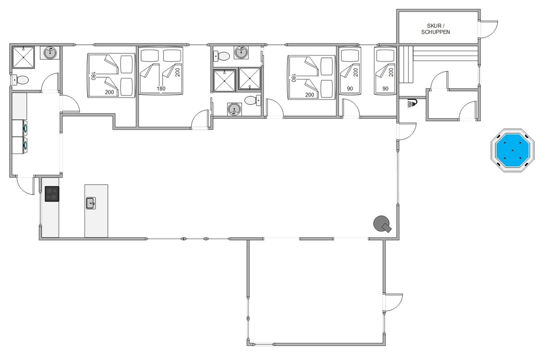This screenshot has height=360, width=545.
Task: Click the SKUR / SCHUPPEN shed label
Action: [435, 29]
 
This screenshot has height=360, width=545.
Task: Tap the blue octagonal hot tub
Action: [512, 150]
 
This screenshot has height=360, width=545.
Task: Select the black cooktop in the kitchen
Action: [52, 194]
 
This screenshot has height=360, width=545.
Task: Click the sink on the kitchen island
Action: [91, 203]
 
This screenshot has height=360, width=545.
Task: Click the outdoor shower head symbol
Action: [413, 103]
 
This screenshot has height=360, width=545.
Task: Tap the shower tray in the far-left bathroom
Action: [23, 57]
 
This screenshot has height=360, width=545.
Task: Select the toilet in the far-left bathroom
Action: [20, 80]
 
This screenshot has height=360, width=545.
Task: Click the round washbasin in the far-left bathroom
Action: [50, 53]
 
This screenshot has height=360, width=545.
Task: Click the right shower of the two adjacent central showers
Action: [250, 78]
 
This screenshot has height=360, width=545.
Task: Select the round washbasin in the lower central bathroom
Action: [234, 109]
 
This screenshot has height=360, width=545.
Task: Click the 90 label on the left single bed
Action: [350, 89]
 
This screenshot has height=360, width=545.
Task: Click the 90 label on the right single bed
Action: [385, 89]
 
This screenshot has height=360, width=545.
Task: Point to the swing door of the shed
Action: [489, 29]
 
